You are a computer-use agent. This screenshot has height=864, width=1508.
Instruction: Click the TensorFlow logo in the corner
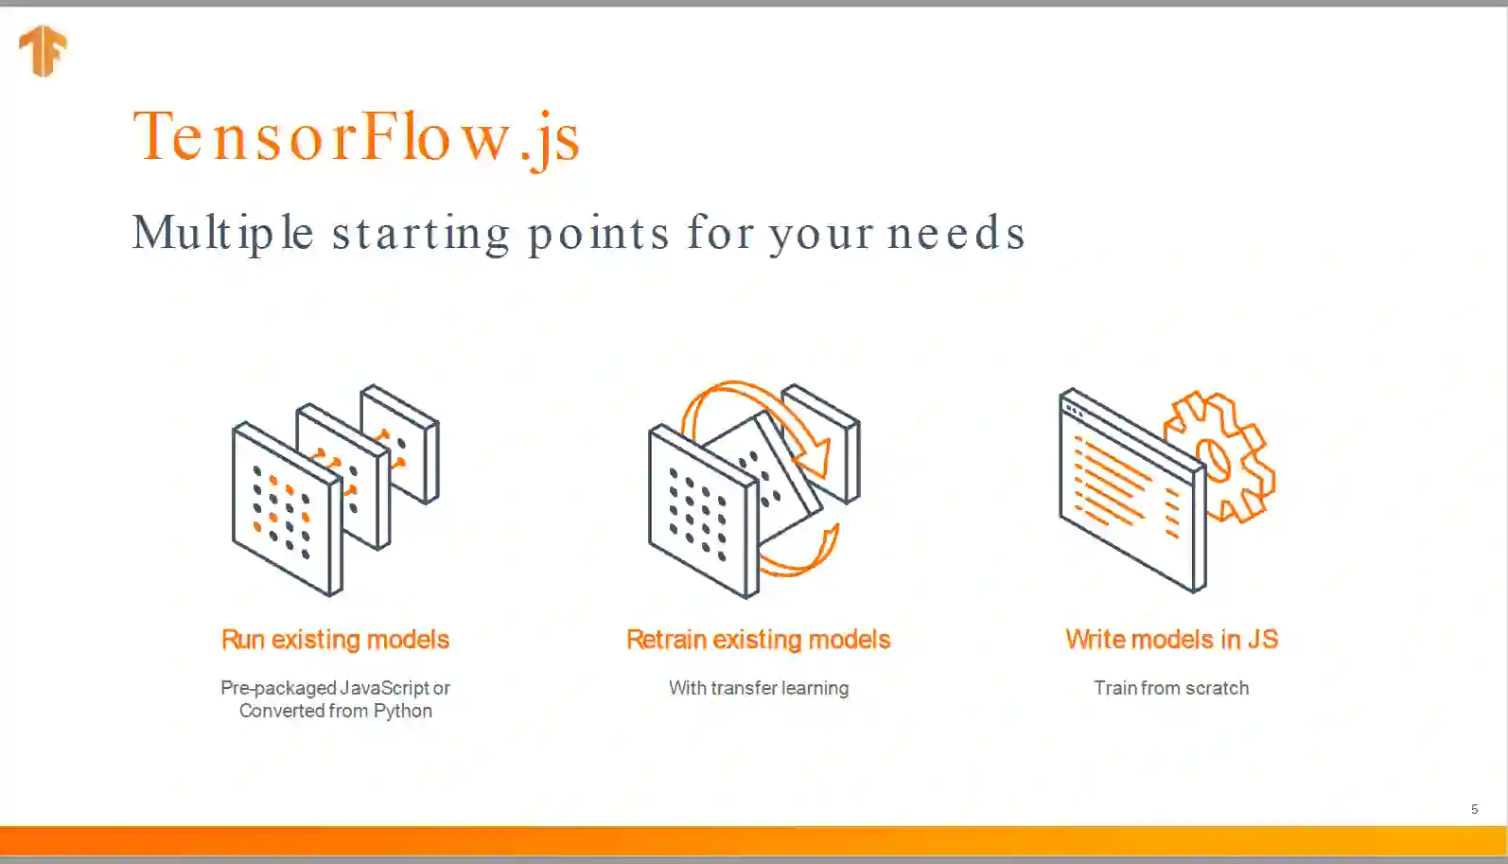(x=44, y=51)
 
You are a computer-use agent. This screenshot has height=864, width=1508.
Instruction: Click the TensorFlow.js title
(x=356, y=138)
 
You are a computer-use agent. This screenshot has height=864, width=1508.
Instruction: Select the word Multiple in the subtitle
(x=223, y=234)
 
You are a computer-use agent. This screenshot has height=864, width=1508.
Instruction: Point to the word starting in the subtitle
(x=421, y=234)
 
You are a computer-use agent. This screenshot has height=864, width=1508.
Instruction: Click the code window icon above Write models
(x=1132, y=491)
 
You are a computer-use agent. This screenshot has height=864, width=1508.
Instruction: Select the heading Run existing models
(x=335, y=639)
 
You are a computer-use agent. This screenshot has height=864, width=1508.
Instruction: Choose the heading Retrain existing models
(x=758, y=639)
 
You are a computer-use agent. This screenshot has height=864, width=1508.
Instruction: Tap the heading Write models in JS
(x=1171, y=639)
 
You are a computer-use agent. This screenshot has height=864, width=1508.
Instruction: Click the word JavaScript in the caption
(x=384, y=688)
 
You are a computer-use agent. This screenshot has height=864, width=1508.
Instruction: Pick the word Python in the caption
(x=403, y=711)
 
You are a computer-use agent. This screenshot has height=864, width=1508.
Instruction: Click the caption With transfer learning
(x=759, y=688)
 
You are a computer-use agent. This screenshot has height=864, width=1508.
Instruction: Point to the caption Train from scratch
(x=1171, y=688)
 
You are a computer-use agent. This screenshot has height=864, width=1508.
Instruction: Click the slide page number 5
(x=1474, y=809)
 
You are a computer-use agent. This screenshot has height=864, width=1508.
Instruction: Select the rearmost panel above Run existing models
(x=400, y=444)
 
